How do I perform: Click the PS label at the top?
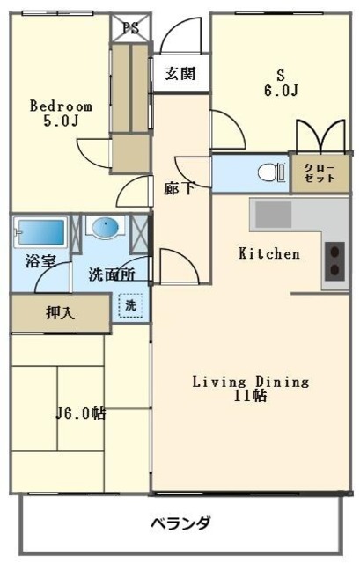pyautogui.click(x=130, y=28)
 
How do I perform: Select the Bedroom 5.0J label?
pyautogui.click(x=61, y=113)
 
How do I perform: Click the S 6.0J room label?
pyautogui.click(x=281, y=83)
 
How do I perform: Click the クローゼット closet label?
pyautogui.click(x=313, y=172)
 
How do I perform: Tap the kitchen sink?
pyautogui.click(x=274, y=215)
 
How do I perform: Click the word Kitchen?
pyautogui.click(x=269, y=253)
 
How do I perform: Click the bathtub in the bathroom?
pyautogui.click(x=40, y=232)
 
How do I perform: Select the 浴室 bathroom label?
pyautogui.click(x=40, y=261)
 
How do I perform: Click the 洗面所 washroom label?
pyautogui.click(x=112, y=274)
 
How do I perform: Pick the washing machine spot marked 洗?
pyautogui.click(x=130, y=305)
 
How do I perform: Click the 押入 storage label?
pyautogui.click(x=59, y=314)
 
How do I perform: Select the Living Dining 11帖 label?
pyautogui.click(x=251, y=388)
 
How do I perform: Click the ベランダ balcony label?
pyautogui.click(x=180, y=523)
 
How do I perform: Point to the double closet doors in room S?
pyautogui.click(x=320, y=135)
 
